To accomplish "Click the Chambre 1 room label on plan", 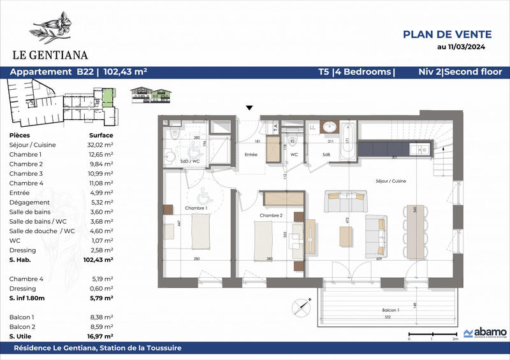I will point(196,208).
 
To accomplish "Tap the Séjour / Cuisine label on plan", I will point(390,181).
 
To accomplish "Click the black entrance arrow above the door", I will point(249,108).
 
